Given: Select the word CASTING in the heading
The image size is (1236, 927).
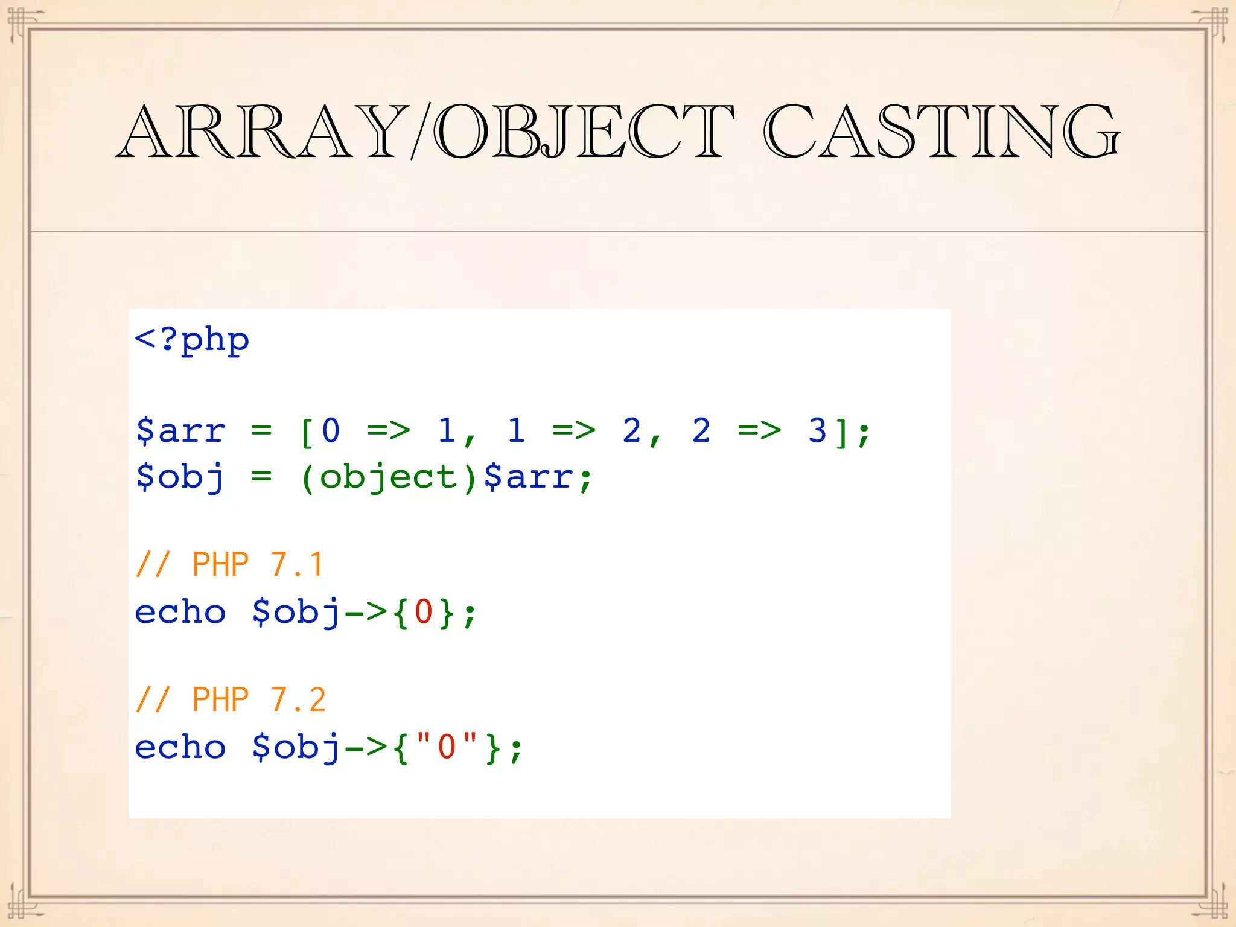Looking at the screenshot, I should pos(941,132).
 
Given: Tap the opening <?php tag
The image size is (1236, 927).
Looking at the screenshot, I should pos(192,340).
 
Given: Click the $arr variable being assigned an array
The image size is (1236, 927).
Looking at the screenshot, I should pos(180,432).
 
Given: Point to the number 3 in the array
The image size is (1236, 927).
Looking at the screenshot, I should pos(817,432).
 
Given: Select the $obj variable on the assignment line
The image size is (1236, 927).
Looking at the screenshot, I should pos(180,478).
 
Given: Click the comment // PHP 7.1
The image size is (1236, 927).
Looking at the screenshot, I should pos(230,565).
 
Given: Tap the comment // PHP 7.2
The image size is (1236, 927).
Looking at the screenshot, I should pos(231,701).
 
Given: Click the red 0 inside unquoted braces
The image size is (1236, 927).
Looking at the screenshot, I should pos(423,613).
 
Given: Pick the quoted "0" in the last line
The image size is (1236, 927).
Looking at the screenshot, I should pos(447,747).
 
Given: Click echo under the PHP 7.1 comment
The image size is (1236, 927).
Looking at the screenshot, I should pos(180,613).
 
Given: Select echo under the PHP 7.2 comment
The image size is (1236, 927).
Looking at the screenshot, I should pos(180,747).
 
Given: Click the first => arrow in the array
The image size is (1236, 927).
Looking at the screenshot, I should pos(389,432).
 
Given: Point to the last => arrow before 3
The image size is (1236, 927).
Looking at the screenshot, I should pos(759,432).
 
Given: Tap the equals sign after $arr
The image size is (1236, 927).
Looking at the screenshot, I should pos(261,432).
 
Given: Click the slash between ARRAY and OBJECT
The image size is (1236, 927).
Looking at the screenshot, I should pos(421,132).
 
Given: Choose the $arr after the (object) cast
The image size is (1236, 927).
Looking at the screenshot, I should pos(529,478).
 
